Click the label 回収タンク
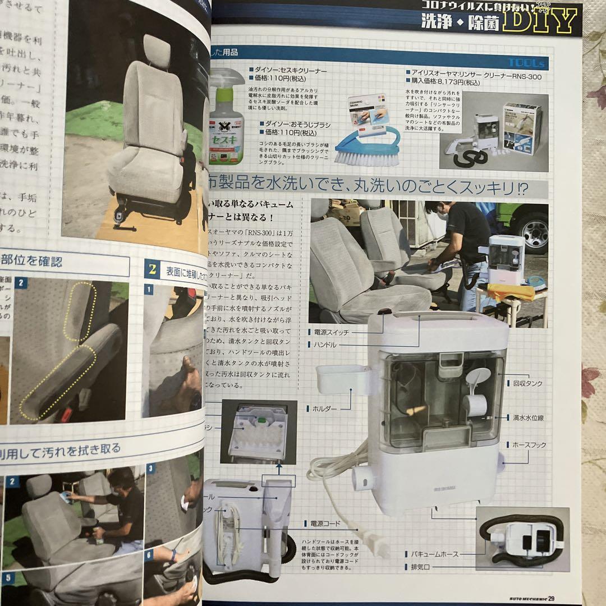click(x=528, y=383)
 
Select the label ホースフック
click(x=529, y=444)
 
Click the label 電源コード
click(x=325, y=524)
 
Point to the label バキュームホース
click(x=434, y=554)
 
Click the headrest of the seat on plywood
click(x=157, y=50)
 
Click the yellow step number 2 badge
click(x=151, y=268)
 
